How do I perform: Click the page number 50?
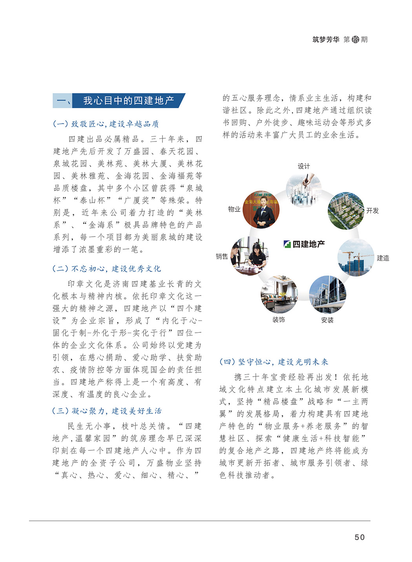[x=359, y=537]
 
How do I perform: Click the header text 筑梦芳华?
[x=326, y=40]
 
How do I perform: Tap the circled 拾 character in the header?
[x=355, y=40]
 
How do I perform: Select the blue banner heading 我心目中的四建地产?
[x=128, y=101]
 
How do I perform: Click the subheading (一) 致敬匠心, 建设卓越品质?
[x=106, y=124]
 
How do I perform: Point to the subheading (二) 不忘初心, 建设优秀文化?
[x=107, y=269]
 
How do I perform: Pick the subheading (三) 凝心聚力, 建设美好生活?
[x=107, y=411]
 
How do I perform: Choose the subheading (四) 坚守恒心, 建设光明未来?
[x=273, y=362]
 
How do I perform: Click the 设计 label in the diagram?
[x=304, y=166]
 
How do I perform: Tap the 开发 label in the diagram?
[x=372, y=211]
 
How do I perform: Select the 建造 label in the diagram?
[x=383, y=258]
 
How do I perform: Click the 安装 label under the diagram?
[x=327, y=320]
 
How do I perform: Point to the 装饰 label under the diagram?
[x=279, y=320]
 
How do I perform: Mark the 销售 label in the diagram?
[x=222, y=256]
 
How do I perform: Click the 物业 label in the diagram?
[x=234, y=209]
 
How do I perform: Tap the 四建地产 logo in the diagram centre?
[x=304, y=244]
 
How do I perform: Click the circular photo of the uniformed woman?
[x=261, y=209]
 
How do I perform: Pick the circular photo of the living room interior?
[x=279, y=294]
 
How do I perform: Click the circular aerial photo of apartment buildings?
[x=346, y=210]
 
